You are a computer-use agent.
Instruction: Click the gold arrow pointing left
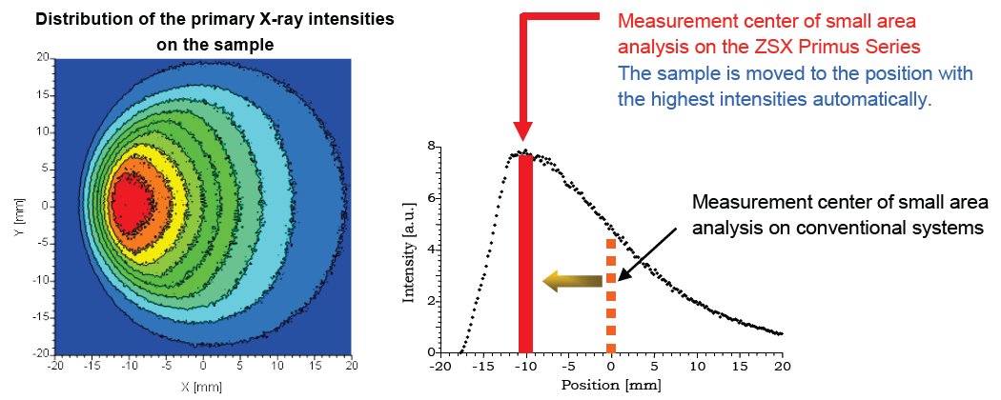[572, 280]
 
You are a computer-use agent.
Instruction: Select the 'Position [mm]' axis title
[610, 386]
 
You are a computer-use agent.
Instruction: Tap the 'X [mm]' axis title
[202, 389]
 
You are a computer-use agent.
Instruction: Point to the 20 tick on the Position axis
[782, 365]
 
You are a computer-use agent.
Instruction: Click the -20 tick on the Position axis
[439, 365]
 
